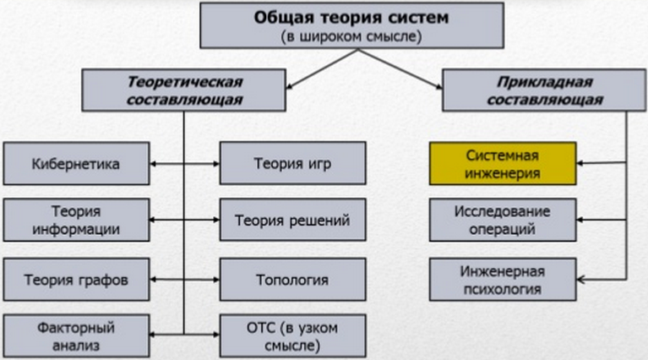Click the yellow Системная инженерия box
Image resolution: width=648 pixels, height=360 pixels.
(503, 164)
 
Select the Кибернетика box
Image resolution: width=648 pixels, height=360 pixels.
(76, 164)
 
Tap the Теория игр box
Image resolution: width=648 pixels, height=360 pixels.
(292, 163)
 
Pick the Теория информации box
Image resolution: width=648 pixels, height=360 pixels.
(76, 220)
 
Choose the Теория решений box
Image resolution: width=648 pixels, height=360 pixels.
(292, 220)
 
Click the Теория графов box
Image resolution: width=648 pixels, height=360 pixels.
(76, 280)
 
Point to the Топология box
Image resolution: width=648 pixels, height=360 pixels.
(292, 280)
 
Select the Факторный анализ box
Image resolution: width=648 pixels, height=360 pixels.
(76, 336)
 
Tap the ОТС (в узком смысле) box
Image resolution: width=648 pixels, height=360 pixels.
(292, 336)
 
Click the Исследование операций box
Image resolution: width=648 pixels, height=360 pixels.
(503, 220)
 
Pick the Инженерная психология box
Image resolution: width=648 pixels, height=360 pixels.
(503, 280)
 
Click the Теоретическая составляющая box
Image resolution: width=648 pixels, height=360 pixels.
(184, 90)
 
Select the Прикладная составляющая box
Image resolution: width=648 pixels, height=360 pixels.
(544, 90)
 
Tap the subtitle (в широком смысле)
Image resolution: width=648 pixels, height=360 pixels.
(351, 37)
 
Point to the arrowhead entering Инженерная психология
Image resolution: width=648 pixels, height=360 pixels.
(580, 280)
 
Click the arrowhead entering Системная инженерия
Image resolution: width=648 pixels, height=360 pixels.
(580, 163)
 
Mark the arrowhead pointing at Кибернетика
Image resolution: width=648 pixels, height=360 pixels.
(152, 164)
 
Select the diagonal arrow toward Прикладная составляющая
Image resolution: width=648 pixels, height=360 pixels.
(400, 69)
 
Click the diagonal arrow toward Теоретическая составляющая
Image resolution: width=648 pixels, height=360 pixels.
(322, 69)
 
